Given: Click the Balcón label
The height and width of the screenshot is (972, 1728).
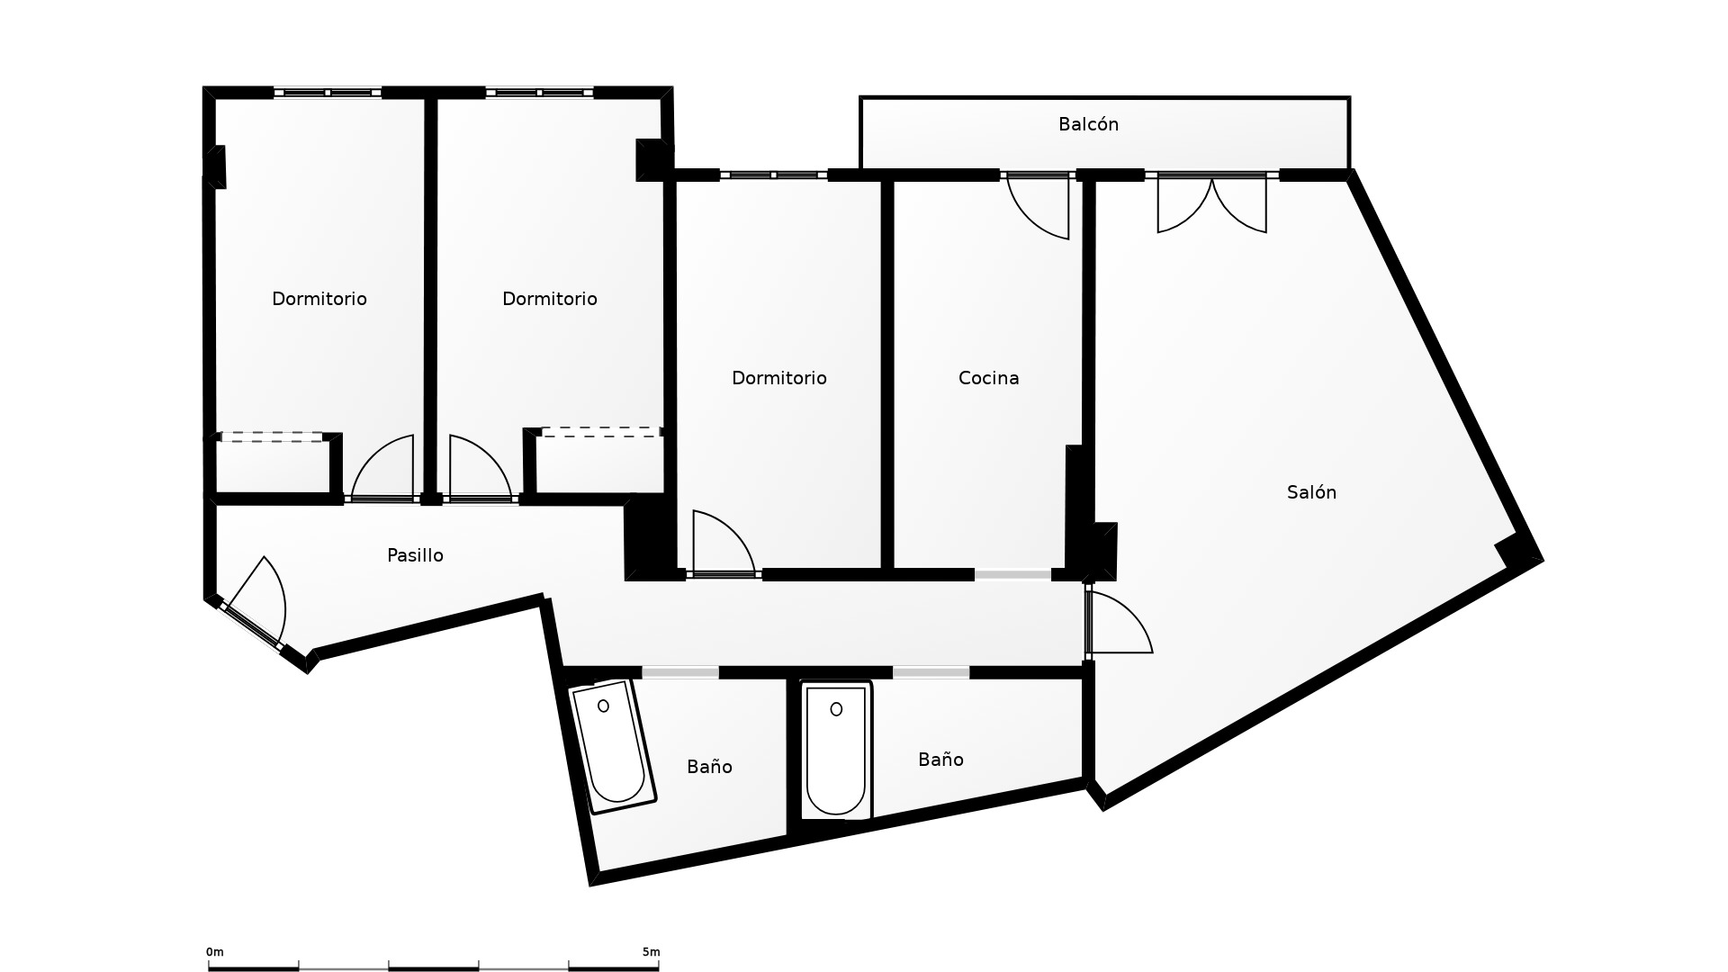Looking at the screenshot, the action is click(1088, 124).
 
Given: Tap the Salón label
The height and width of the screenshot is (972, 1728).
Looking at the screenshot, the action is click(1311, 492).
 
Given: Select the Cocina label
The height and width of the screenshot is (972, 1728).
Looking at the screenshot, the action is click(988, 378).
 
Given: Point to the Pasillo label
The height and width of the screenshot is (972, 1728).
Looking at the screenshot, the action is click(415, 555).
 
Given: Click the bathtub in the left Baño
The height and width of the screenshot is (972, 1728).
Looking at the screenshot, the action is click(612, 746).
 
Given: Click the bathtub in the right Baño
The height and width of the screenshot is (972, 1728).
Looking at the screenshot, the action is click(836, 751).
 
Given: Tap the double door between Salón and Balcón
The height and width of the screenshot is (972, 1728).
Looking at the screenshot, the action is click(1211, 204).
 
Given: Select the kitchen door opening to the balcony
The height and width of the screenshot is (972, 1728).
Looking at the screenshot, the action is click(1038, 206).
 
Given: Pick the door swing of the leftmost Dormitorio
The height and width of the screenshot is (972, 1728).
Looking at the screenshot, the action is click(382, 467).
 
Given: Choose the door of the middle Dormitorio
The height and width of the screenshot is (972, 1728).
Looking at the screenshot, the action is click(481, 467).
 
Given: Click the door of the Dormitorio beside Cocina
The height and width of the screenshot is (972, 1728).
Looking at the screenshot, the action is click(724, 542).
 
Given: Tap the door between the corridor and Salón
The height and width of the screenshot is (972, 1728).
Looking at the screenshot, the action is click(1119, 621).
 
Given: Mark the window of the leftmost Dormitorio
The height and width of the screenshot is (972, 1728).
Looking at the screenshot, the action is click(328, 93).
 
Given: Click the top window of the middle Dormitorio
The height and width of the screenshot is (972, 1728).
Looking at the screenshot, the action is click(539, 93).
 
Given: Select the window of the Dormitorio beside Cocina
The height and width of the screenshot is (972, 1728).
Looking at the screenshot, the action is click(773, 175).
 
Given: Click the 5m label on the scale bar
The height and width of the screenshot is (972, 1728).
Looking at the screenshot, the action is click(651, 952).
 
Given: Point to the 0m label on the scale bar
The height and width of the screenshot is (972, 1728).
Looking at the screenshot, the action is click(215, 952).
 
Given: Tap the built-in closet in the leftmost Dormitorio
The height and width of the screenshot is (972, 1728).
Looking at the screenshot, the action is click(273, 464).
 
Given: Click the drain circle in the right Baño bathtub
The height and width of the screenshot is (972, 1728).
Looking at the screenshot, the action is click(836, 709).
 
